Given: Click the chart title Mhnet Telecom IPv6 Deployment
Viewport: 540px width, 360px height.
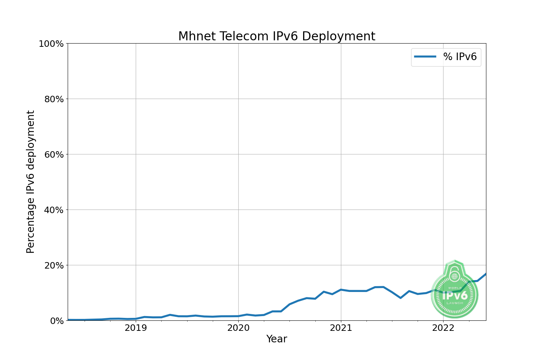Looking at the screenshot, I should (276, 36).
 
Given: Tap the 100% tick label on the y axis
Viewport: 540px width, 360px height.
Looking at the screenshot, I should (51, 44).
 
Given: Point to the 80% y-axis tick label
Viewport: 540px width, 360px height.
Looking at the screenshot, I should (54, 99).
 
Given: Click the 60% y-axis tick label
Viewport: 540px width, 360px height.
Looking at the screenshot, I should (54, 154).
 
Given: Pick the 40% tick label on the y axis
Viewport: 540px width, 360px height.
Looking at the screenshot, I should (54, 210).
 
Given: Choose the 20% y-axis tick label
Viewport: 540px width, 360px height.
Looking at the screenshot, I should (54, 265).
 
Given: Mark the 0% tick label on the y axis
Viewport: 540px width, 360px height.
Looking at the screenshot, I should (57, 321).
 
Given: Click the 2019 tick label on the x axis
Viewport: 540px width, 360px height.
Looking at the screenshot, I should (136, 328).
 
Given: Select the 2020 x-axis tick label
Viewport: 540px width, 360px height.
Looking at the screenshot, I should (238, 328).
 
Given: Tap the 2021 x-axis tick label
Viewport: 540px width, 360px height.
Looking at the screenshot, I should (341, 328).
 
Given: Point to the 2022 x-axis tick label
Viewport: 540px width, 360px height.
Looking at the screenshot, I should (443, 328).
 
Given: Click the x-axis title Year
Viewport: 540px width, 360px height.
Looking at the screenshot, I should (276, 339).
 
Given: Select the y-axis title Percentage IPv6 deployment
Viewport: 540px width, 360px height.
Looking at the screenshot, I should (31, 182).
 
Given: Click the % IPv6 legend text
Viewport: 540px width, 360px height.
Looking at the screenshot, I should (460, 57).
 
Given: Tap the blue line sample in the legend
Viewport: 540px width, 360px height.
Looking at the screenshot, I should (425, 57).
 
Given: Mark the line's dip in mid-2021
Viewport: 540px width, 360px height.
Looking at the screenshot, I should (400, 298).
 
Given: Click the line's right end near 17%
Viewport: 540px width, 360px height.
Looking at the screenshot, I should (485, 274).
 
